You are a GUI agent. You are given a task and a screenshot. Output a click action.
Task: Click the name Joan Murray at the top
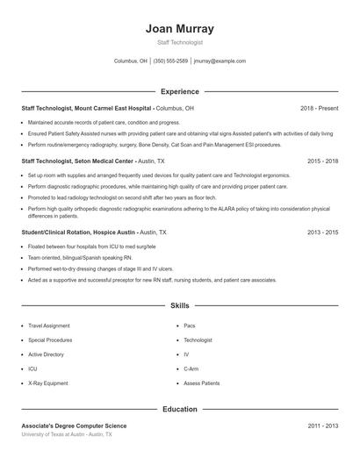click(179, 29)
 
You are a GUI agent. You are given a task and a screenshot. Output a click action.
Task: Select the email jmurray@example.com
click(220, 61)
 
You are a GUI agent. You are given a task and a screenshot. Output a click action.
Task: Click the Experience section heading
click(179, 91)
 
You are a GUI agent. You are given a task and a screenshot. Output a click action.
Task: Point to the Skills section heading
click(179, 305)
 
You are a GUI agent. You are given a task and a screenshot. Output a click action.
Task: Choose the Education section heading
click(179, 409)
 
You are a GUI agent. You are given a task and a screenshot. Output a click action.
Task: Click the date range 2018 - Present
click(319, 108)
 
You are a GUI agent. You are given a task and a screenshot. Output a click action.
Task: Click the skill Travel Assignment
click(48, 325)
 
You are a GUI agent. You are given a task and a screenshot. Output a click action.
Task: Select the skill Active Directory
click(47, 354)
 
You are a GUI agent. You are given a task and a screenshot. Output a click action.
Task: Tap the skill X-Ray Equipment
click(47, 383)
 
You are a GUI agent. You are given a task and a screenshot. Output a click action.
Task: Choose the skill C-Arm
click(191, 369)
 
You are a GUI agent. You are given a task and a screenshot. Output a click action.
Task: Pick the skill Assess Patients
click(202, 383)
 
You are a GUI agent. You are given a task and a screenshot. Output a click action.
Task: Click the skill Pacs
click(191, 325)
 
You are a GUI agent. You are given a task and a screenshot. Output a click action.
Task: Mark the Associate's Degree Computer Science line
click(75, 426)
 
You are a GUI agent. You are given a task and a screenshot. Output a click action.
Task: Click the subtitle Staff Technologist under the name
click(179, 42)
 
